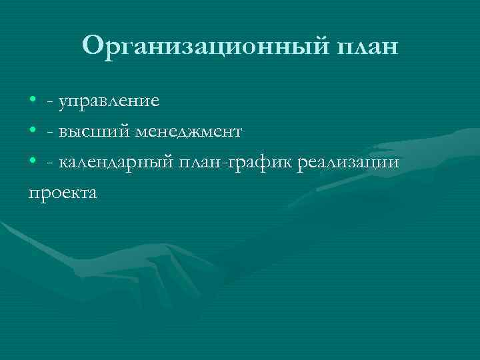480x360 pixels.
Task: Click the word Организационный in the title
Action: click(202, 47)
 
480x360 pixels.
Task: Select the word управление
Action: click(109, 101)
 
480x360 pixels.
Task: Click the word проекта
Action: click(62, 193)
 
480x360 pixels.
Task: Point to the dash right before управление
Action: click(51, 102)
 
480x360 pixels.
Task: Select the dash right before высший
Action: click(51, 133)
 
